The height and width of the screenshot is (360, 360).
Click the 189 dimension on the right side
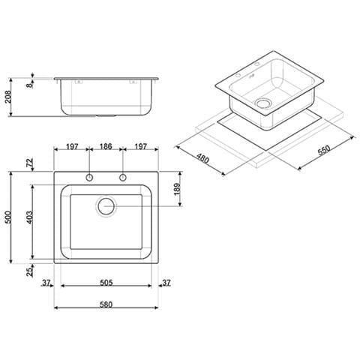pos(177,187)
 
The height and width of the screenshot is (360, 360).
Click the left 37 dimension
pos(46,282)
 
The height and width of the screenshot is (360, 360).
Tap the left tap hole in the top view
pos(88,178)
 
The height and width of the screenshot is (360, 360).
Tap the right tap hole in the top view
pos(123,178)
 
